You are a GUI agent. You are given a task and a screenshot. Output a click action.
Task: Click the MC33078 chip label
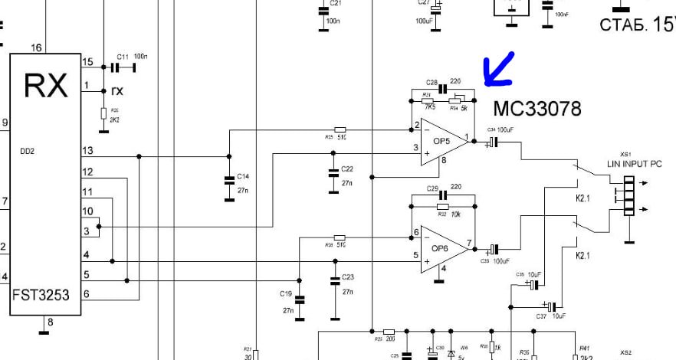coord(537,107)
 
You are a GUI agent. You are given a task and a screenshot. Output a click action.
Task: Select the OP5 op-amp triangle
coord(442,141)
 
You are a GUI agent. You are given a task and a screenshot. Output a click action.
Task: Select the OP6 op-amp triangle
coord(442,247)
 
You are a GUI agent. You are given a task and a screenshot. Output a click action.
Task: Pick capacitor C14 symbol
coord(228,181)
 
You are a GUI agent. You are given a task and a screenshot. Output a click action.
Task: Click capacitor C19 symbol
coord(300,299)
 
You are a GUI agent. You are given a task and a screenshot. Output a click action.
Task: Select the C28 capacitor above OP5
coord(442,89)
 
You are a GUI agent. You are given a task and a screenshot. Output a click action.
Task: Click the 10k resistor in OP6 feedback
coord(442,206)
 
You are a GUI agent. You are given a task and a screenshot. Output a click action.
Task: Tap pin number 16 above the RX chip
coord(36,47)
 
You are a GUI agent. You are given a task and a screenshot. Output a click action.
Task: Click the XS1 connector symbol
coord(628,198)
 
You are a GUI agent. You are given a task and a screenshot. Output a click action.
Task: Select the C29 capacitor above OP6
coord(442,195)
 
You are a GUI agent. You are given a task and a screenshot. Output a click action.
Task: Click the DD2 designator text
coord(28,151)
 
